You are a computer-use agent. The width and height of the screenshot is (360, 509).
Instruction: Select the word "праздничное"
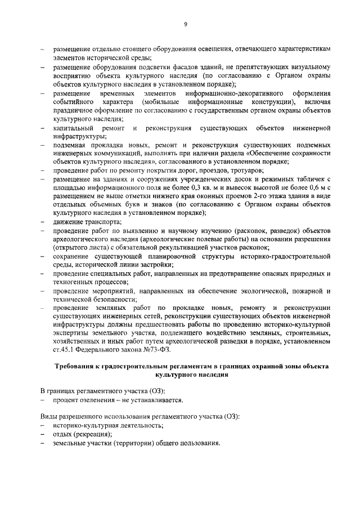tap(72, 111)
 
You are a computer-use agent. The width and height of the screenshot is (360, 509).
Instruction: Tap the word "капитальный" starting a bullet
tap(73, 129)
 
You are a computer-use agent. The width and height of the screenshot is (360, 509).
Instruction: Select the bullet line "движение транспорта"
tap(83, 222)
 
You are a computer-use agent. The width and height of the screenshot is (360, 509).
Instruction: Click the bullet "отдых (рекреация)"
tap(82, 435)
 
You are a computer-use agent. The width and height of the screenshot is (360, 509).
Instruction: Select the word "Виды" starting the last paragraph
tap(49, 417)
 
